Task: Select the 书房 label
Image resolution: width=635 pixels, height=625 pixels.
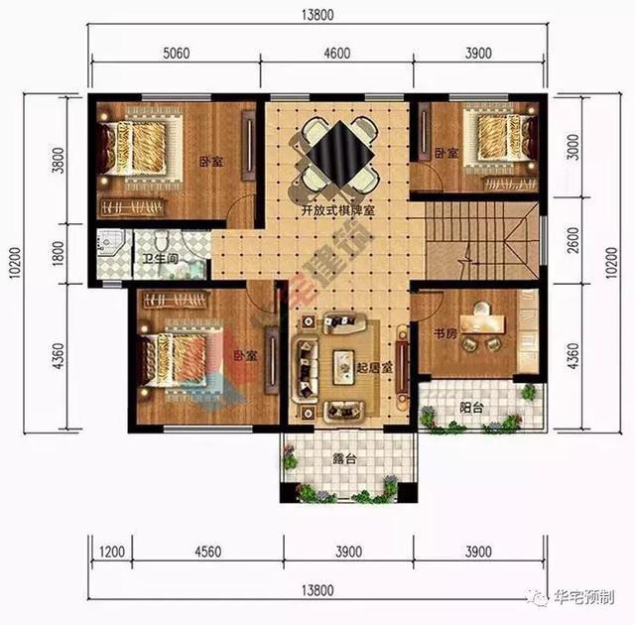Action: [x=444, y=334]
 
